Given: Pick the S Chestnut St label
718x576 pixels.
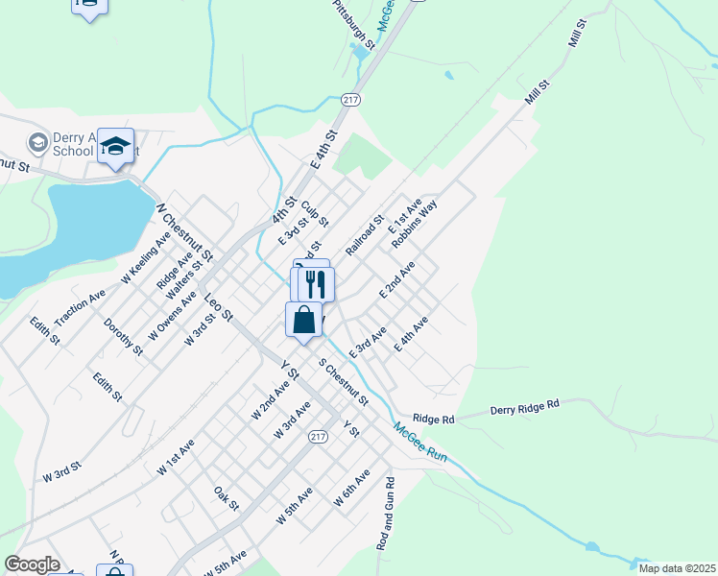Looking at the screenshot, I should [343, 381].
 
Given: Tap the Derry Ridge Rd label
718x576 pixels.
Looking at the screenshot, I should [524, 407].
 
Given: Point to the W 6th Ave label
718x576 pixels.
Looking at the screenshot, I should [351, 489].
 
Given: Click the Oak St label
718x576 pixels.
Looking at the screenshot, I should [227, 498].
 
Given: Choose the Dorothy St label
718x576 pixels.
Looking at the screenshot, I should [123, 337].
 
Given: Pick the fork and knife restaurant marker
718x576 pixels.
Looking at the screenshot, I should [316, 283].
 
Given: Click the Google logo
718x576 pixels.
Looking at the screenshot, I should [33, 564].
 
